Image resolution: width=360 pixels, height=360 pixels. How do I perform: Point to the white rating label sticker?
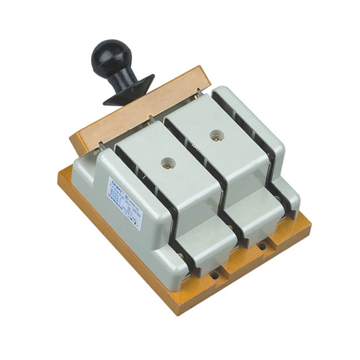(x=124, y=202)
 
